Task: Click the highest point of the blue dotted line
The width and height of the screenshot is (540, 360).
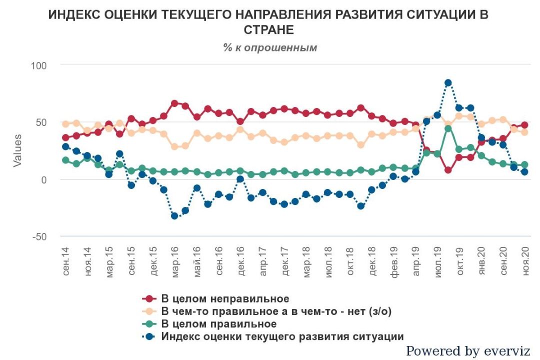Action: point(448,83)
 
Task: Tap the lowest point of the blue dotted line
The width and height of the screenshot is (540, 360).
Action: point(174,216)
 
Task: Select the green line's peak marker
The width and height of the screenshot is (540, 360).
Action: point(448,128)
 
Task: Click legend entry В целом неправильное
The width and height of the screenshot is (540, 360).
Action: point(225,299)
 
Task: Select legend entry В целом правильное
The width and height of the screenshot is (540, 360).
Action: point(218,324)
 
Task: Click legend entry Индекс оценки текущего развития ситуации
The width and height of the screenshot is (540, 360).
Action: point(282,336)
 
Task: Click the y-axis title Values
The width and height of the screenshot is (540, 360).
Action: point(17,150)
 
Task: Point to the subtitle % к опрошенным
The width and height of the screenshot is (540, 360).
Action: point(270,47)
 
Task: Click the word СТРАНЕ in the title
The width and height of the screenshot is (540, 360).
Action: point(268,29)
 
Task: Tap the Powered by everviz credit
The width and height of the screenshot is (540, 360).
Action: point(468,351)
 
